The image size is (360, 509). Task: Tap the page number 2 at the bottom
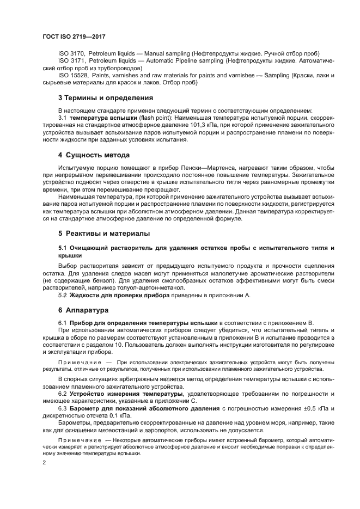coord(44,462)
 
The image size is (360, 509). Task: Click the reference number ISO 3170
coord(71,54)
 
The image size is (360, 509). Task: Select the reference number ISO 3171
coord(71,62)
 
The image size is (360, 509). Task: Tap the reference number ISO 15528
coord(73,76)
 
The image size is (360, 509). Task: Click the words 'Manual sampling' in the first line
coord(163,54)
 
